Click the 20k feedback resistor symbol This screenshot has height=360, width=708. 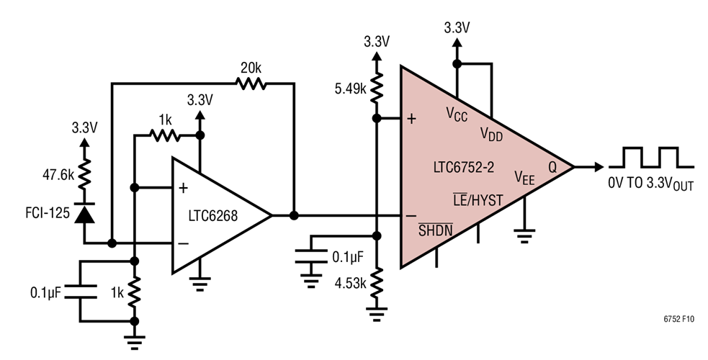click(x=251, y=84)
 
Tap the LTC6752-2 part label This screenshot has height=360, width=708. click(x=462, y=168)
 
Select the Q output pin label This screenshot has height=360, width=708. click(x=552, y=167)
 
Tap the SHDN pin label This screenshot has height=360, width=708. click(x=436, y=229)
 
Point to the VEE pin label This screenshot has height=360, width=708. click(x=524, y=176)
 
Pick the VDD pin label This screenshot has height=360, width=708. click(x=492, y=133)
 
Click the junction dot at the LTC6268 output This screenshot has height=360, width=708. click(x=294, y=215)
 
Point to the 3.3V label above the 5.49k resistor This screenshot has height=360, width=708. click(x=375, y=42)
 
